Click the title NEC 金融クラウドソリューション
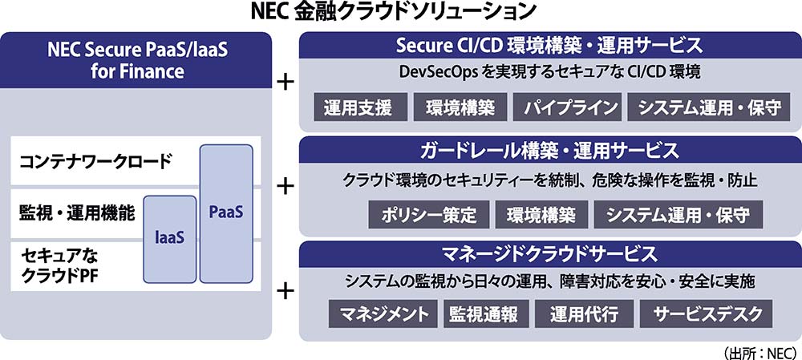[394, 12]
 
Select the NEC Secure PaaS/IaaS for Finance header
[136, 60]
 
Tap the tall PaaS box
[226, 214]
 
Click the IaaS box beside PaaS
[169, 239]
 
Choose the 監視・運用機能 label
[77, 212]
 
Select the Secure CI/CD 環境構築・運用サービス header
[549, 46]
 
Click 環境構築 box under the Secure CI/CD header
[460, 107]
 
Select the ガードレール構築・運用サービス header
[549, 151]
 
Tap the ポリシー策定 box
[428, 215]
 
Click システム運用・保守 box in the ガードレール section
[678, 215]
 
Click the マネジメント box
[383, 313]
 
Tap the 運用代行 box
[584, 313]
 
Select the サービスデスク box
[708, 313]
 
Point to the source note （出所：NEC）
[760, 353]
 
